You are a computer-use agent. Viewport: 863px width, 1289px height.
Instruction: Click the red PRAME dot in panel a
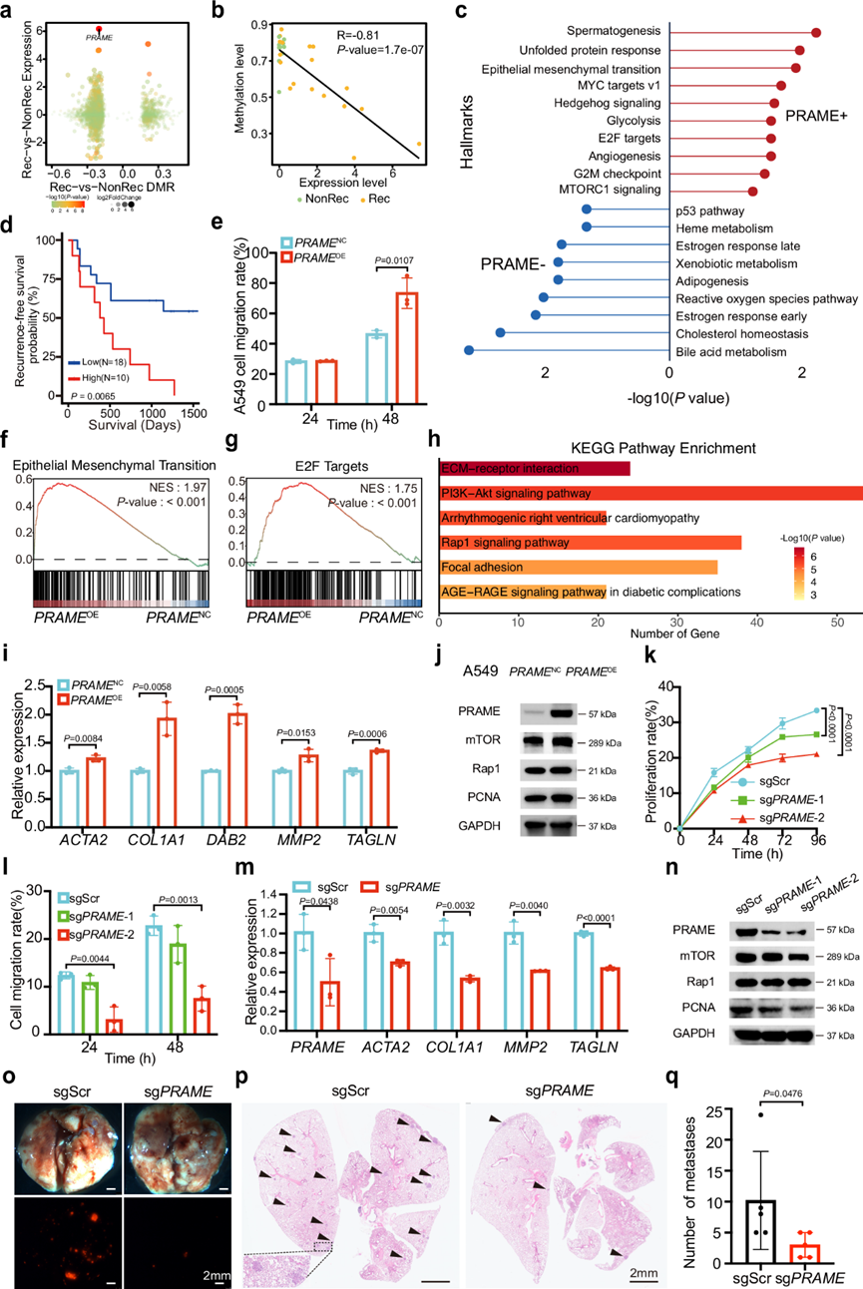[x=98, y=29]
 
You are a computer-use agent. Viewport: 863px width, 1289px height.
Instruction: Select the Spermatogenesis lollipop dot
[x=816, y=33]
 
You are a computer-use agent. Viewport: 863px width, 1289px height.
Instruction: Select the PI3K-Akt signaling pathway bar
[x=648, y=493]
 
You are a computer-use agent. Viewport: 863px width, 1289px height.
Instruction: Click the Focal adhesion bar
[x=578, y=568]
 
